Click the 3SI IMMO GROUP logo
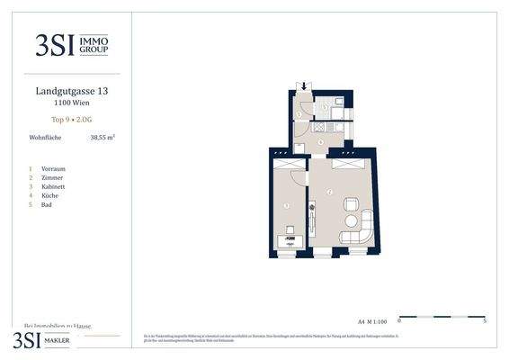pos(72,45)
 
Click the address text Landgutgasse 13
pos(72,91)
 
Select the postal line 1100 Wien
pos(72,103)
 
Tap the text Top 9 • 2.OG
pos(72,118)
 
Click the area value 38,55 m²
pos(102,138)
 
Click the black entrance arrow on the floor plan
pos(304,86)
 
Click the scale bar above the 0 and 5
pos(441,316)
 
